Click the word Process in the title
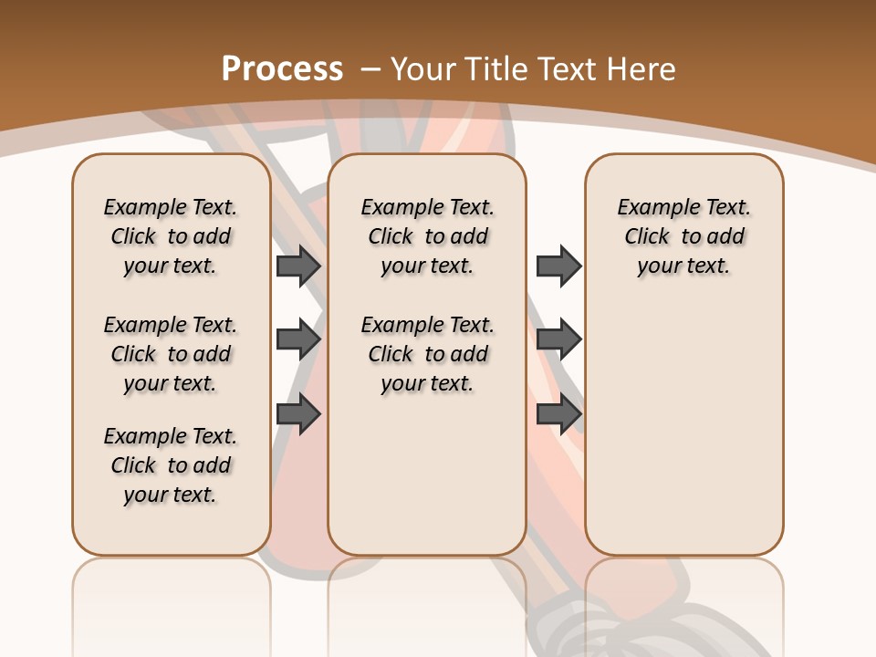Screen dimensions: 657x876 click(x=282, y=68)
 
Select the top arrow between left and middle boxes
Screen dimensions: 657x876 click(x=298, y=266)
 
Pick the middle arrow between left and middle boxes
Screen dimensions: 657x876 click(x=298, y=340)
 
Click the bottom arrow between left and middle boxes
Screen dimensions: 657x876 click(x=298, y=414)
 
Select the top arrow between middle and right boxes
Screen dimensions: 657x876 click(x=558, y=266)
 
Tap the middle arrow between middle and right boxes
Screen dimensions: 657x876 click(x=558, y=340)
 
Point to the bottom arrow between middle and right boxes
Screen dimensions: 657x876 click(x=558, y=414)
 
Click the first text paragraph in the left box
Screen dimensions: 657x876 click(x=171, y=236)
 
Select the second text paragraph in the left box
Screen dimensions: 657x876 click(x=171, y=354)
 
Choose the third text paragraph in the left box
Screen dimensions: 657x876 click(x=171, y=465)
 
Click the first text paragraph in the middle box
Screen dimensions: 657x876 click(x=427, y=236)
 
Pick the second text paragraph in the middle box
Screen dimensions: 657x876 click(x=427, y=354)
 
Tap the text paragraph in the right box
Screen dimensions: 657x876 click(x=684, y=236)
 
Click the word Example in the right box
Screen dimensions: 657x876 click(x=652, y=208)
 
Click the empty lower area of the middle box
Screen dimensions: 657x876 click(x=427, y=474)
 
